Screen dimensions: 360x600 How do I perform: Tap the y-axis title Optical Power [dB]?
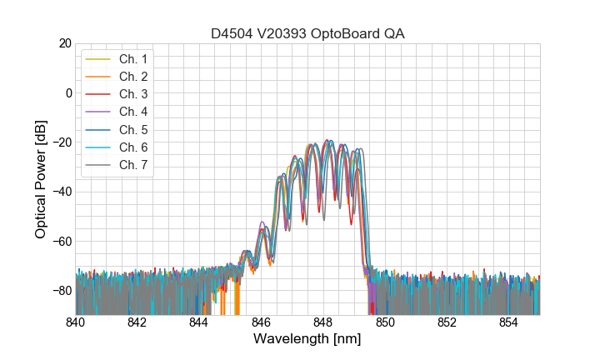pyautogui.click(x=40, y=179)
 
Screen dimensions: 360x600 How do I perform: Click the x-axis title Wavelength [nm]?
pyautogui.click(x=307, y=339)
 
